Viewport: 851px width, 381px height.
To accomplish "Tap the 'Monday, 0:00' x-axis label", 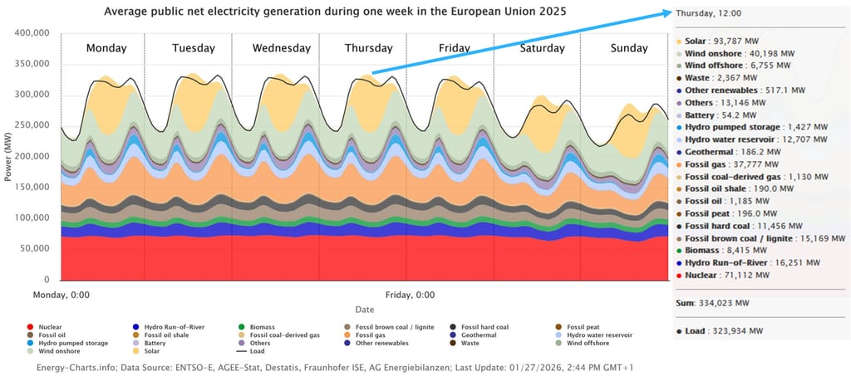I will tap(61, 294).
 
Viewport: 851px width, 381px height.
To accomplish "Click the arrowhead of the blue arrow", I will tap(671, 13).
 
